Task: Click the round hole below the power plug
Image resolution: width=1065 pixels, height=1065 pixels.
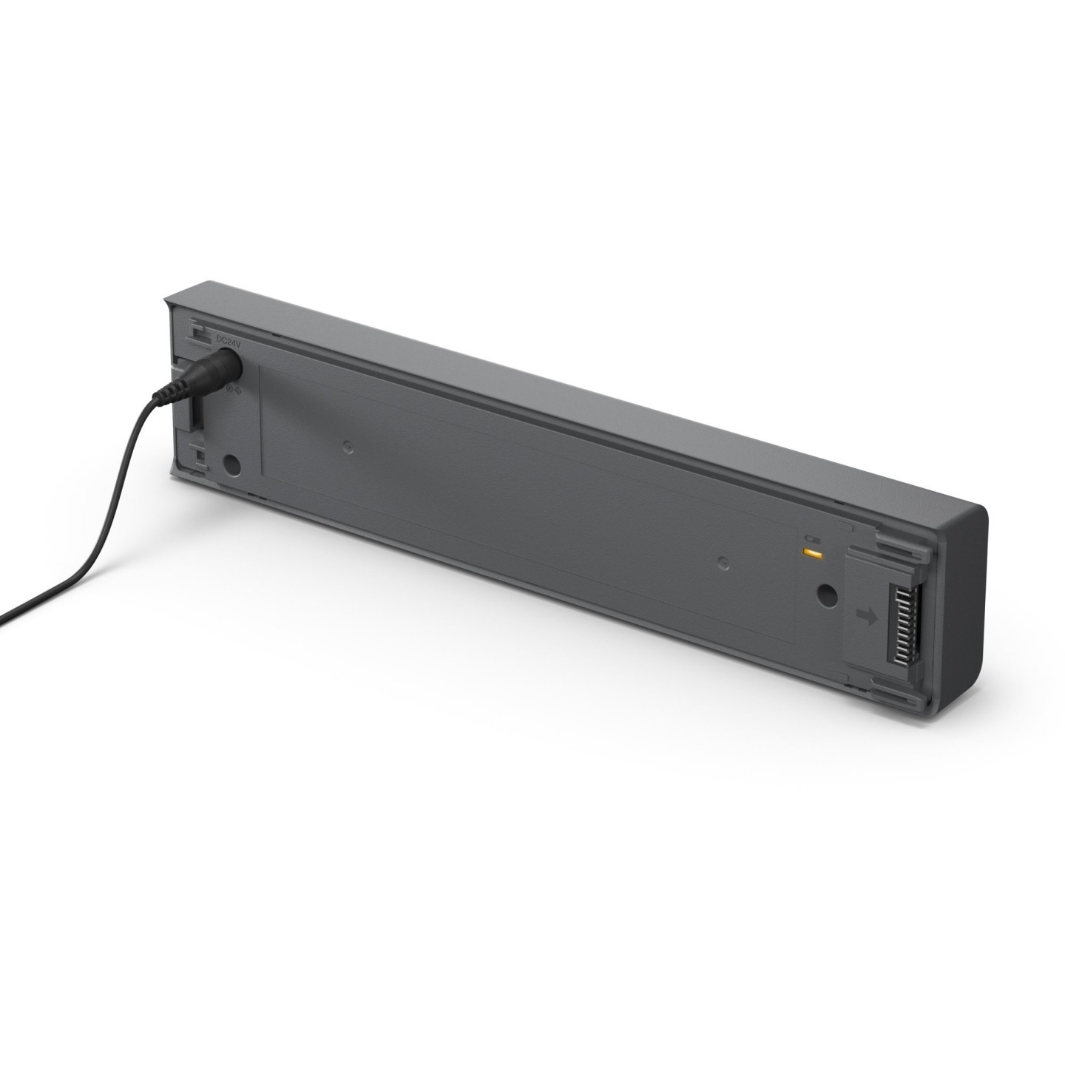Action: pos(231,466)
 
